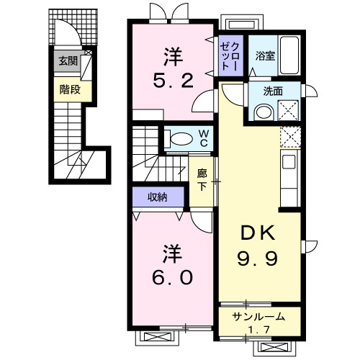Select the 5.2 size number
(173, 80)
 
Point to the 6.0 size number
(172, 277)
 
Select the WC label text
(204, 138)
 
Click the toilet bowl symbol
(180, 138)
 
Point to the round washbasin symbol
(263, 112)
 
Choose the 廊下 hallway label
(202, 180)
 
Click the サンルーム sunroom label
(258, 317)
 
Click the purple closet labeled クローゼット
(231, 55)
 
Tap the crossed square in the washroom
(288, 110)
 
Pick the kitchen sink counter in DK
(289, 178)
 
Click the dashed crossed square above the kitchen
(289, 138)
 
